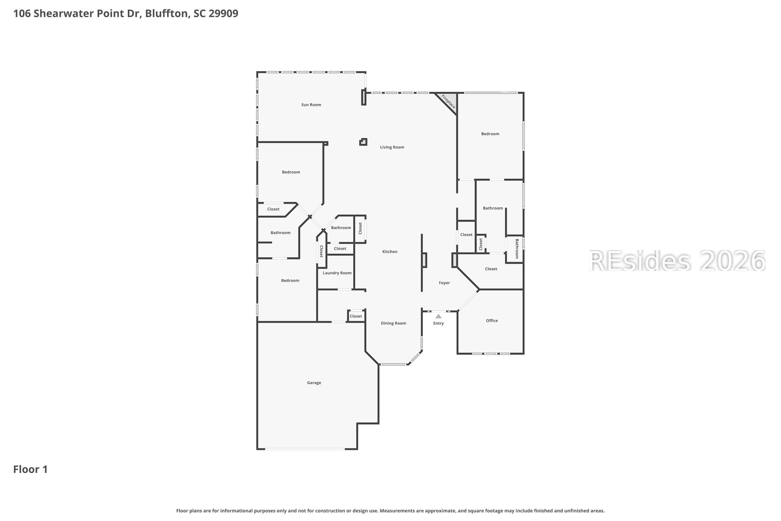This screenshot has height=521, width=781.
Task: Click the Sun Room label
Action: click(311, 105)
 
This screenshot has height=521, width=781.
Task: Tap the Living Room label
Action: click(392, 147)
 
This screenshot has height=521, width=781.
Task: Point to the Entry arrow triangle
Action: click(438, 316)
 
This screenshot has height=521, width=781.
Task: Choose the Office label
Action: click(492, 321)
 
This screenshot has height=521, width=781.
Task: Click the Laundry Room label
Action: click(337, 273)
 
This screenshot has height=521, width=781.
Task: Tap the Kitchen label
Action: click(389, 252)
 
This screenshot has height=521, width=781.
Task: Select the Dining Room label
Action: click(393, 323)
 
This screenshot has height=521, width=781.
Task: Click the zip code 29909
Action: click(223, 14)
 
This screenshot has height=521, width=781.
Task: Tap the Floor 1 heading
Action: click(30, 469)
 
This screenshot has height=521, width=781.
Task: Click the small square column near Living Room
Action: click(363, 142)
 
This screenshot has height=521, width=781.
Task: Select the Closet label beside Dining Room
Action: click(356, 316)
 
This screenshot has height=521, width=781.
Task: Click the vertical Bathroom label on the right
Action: click(517, 249)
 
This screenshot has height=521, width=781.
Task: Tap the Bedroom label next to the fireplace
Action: click(490, 134)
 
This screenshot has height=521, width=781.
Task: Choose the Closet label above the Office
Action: click(491, 269)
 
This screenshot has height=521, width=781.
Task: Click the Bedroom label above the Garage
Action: click(290, 281)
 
